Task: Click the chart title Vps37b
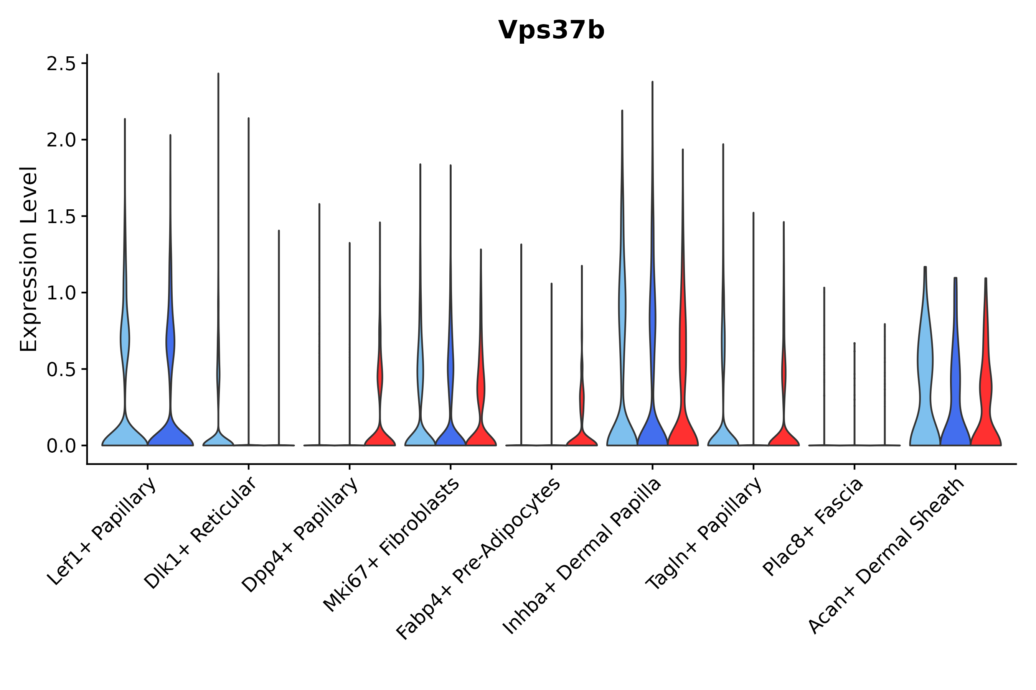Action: click(x=551, y=30)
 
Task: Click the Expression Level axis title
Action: click(x=29, y=259)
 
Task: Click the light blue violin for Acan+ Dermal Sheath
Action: click(x=925, y=396)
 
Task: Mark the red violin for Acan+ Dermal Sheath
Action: click(x=986, y=396)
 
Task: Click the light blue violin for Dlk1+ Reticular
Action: click(x=218, y=438)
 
